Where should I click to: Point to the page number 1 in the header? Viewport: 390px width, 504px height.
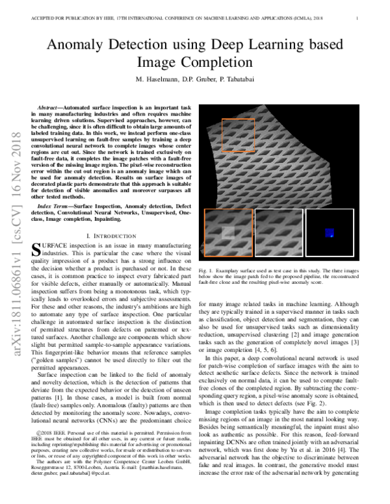(358, 18)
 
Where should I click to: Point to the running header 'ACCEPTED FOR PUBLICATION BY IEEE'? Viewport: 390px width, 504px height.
(65, 18)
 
